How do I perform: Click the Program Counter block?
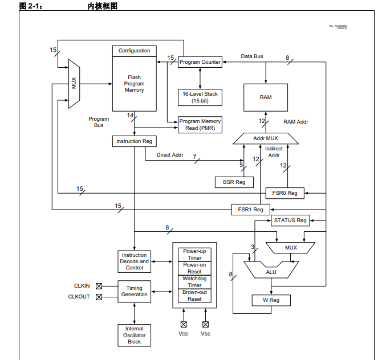(200, 62)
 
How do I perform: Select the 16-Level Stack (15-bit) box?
(200, 97)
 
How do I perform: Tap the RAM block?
(266, 97)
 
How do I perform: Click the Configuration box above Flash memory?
(135, 51)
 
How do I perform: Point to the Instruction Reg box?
(135, 141)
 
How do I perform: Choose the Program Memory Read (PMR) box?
(200, 124)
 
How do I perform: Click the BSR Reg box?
(231, 182)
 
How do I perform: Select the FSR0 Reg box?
(285, 193)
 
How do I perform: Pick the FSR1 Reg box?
(250, 210)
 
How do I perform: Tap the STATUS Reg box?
(290, 220)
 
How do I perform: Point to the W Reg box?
(271, 300)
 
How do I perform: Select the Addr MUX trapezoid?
(266, 138)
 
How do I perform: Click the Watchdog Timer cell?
(194, 282)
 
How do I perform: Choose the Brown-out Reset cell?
(194, 296)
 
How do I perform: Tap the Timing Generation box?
(135, 291)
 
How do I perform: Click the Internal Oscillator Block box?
(135, 335)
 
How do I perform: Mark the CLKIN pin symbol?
(99, 286)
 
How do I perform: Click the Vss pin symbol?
(205, 324)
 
